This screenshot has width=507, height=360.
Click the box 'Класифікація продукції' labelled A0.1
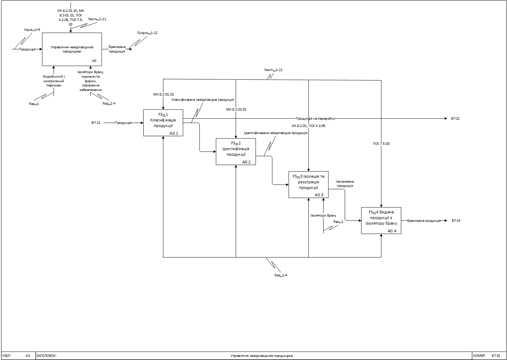pos(163,123)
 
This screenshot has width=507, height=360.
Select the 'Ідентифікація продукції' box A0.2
pos(236,151)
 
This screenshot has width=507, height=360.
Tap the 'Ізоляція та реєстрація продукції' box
pos(308,185)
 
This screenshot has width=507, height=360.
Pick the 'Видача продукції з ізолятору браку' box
pos(381,220)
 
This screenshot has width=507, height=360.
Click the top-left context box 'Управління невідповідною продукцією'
pos(72,49)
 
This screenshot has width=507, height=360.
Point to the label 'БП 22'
pos(455,119)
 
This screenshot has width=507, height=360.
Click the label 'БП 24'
pos(456,221)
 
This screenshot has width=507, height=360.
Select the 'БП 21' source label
pos(96,123)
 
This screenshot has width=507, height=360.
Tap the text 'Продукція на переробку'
pos(315,119)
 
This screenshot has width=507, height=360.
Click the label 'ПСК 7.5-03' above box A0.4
pos(381,143)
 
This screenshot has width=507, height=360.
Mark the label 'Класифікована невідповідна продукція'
pos(202,100)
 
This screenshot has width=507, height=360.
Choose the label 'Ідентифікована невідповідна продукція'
pos(276,133)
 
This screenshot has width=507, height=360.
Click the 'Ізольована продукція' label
pos(345,184)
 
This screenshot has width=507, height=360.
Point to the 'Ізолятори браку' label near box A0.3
pos(323,216)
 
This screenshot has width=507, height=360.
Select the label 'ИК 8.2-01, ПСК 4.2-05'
pos(308,126)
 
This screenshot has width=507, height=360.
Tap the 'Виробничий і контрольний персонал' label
pos(54,81)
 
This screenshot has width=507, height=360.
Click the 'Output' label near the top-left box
pos(147,33)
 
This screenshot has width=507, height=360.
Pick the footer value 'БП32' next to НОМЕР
pos(496,356)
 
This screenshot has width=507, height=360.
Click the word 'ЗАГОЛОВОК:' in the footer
pos(47,356)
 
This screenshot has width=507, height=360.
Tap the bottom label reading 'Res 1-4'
pos(281,275)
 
